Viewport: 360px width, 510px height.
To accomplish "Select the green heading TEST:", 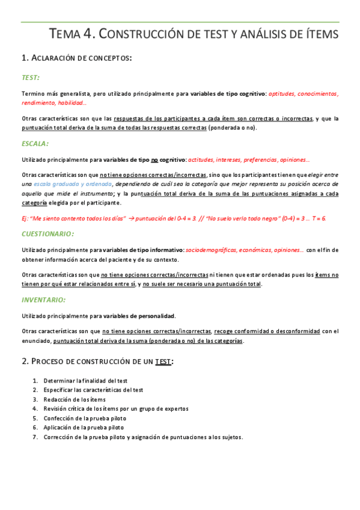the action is [x=31, y=78].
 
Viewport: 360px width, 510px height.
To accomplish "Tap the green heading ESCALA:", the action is [x=35, y=144].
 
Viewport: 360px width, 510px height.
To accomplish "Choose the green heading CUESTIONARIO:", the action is [x=47, y=233].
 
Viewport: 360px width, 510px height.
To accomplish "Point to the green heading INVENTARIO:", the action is [x=43, y=300].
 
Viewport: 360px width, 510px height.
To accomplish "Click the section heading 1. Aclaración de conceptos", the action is [x=76, y=58].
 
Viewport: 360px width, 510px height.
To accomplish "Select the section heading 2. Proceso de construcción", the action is [x=98, y=361].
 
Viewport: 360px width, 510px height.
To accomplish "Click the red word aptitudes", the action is [x=283, y=93].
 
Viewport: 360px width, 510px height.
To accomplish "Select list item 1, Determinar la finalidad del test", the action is [x=84, y=381].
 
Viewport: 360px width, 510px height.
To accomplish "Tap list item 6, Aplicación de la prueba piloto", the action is [x=83, y=428].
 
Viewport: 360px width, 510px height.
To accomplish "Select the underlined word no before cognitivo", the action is [x=154, y=159].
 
